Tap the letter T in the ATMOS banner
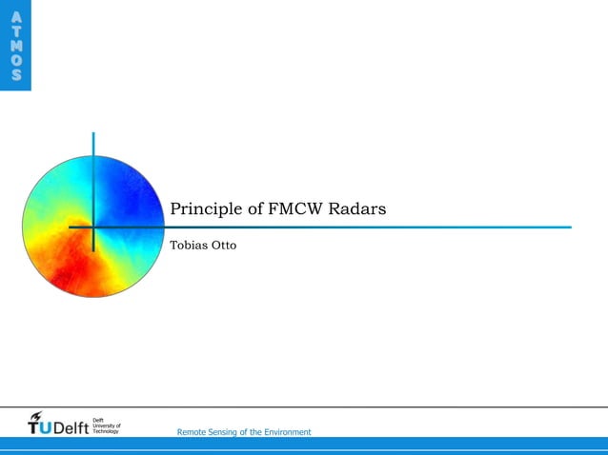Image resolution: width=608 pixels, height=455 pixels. click(x=15, y=30)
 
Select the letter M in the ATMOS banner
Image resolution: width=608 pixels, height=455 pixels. click(x=15, y=45)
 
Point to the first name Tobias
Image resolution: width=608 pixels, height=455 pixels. click(x=188, y=246)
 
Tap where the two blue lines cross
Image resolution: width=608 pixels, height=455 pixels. click(x=93, y=227)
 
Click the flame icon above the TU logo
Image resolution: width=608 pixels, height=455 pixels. click(x=36, y=418)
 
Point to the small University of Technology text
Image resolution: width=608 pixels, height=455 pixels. click(x=106, y=428)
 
